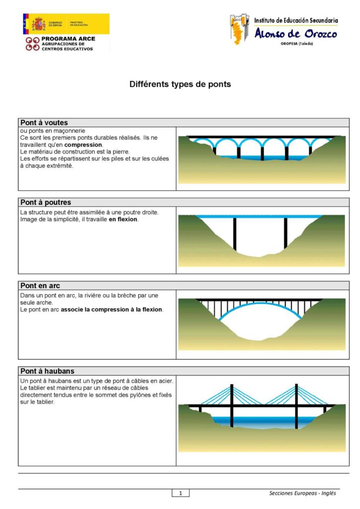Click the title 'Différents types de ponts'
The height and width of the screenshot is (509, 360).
(180, 84)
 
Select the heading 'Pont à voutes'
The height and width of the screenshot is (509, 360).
(44, 122)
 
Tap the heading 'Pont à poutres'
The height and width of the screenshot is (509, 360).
(46, 202)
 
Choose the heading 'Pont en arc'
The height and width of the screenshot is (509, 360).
(40, 285)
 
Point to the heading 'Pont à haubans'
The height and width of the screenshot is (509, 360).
(47, 371)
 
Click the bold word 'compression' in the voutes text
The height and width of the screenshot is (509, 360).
(83, 145)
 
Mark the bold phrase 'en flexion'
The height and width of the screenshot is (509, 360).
(123, 219)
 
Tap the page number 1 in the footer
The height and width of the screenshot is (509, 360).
(180, 493)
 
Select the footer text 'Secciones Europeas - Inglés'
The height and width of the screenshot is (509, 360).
(302, 493)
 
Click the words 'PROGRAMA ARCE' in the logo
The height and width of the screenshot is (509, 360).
(68, 38)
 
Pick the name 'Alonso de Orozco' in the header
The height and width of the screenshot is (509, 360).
(295, 34)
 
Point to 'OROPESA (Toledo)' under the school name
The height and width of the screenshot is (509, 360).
(297, 44)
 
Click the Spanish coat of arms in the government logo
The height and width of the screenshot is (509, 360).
(38, 23)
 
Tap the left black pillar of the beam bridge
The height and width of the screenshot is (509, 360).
(235, 233)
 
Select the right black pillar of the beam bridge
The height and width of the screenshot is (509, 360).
(285, 233)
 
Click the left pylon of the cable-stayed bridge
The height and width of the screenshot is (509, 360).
(231, 405)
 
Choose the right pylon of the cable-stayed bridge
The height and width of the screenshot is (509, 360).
(296, 405)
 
